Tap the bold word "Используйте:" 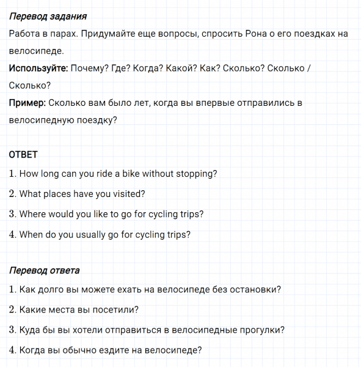(x=38, y=68)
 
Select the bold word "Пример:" (x=27, y=103)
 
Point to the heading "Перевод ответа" (x=44, y=270)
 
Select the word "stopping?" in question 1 (x=196, y=174)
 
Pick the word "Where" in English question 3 (x=33, y=214)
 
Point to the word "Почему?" (x=89, y=68)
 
